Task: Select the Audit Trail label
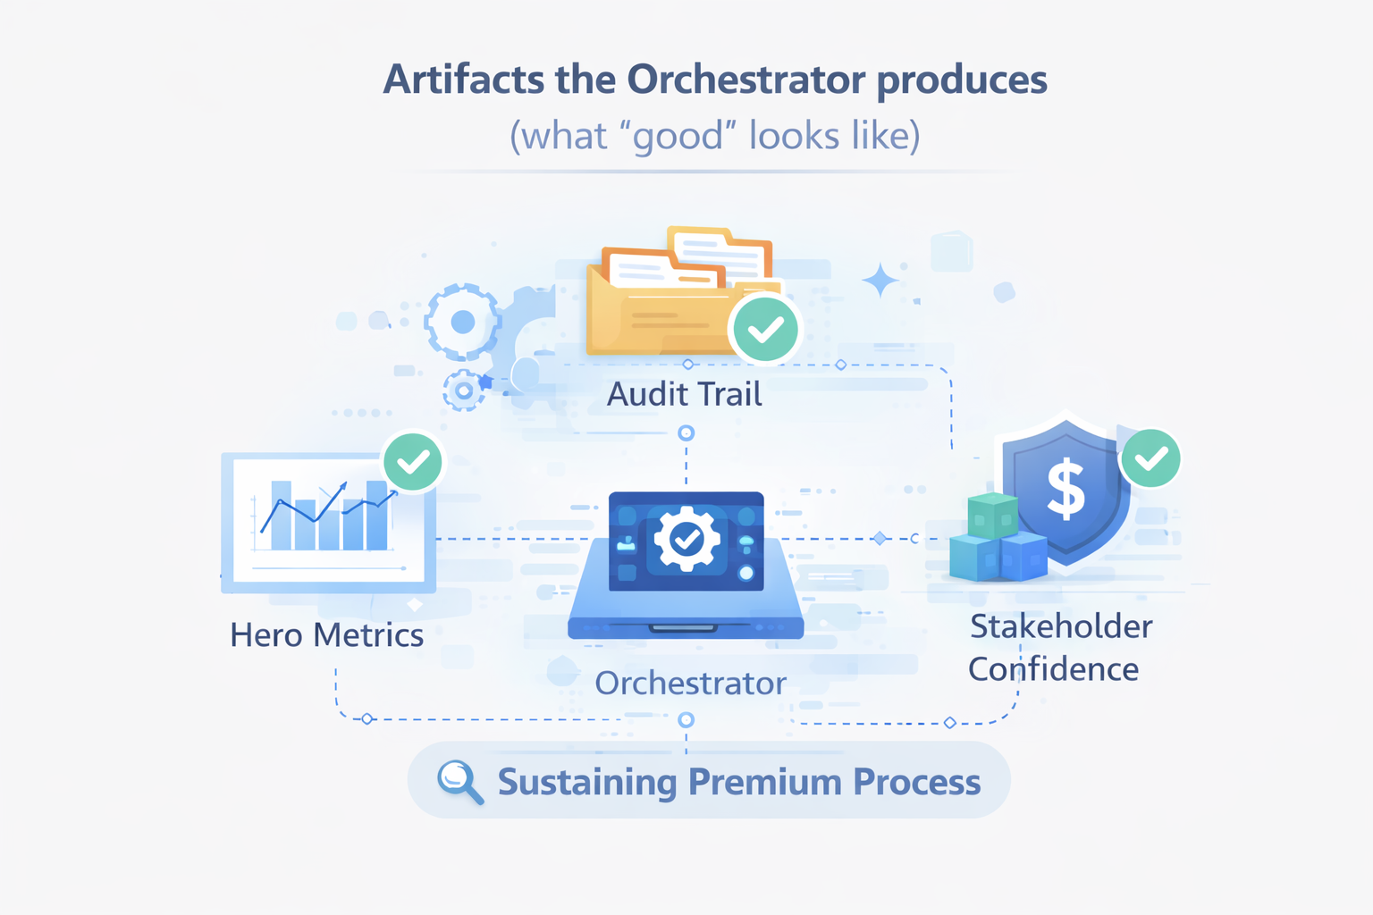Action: coord(684,394)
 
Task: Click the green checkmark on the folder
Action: coord(765,329)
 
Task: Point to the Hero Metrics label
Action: coord(326,635)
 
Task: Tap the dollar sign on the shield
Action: coord(1066,490)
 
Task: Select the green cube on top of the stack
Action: coord(993,515)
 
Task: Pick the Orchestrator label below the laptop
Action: coord(690,684)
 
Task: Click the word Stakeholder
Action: coord(1061,626)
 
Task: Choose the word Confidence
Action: coord(1053,668)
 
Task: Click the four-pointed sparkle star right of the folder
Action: coord(880,280)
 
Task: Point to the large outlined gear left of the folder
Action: coord(462,322)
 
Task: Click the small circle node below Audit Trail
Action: coord(686,433)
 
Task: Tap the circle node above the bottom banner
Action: coord(686,719)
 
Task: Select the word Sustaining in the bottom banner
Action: coord(587,783)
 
